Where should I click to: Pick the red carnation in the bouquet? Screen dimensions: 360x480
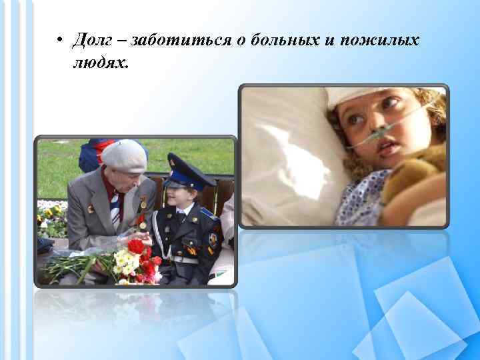tap(136, 246)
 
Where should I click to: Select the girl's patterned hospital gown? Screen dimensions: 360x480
tap(363, 200)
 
